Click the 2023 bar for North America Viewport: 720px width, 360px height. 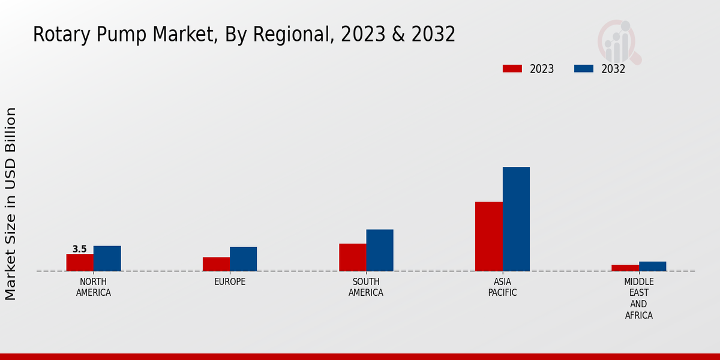80,262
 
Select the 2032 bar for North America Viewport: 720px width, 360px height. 107,258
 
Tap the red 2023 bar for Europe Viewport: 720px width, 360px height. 216,264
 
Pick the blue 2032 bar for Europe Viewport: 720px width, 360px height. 243,259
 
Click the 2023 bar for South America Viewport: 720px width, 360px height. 352,257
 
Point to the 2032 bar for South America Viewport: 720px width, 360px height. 380,250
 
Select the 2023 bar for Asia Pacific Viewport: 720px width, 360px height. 488,236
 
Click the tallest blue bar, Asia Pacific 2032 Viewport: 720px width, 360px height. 516,219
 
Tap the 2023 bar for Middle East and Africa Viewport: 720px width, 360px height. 625,268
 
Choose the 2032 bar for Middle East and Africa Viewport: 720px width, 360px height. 652,266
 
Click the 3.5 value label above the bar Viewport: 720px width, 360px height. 80,249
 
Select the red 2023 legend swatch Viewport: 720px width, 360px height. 512,68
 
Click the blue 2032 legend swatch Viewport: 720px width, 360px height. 583,68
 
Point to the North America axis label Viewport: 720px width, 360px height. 94,287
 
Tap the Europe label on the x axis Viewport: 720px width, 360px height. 230,281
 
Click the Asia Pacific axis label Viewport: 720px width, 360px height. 502,287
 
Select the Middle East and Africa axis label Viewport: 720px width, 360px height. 639,298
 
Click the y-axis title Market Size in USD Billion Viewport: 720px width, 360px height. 11,204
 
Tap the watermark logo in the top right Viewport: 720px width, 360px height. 619,41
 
